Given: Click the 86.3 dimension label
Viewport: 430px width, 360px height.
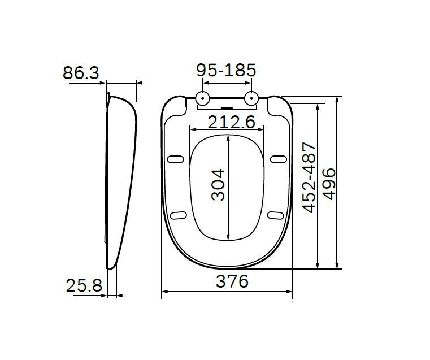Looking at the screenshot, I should point(81,73).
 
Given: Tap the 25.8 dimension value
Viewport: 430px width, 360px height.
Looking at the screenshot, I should point(84,286).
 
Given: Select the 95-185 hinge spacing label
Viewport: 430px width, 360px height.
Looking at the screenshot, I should point(226,71).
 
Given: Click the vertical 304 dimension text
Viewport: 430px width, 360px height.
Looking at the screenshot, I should point(218,184).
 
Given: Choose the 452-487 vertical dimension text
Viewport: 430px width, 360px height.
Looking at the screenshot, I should point(310,177).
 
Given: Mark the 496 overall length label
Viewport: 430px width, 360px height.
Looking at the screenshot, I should point(329,181).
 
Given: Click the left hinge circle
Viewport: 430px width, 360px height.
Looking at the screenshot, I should point(202,99).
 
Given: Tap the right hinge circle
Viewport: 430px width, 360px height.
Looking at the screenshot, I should point(251,99).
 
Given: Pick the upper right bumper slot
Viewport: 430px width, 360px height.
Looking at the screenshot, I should point(277,159).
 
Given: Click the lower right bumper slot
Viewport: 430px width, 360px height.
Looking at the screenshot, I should point(275,214).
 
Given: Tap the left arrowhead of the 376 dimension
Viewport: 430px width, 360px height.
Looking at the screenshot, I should point(165,292).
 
